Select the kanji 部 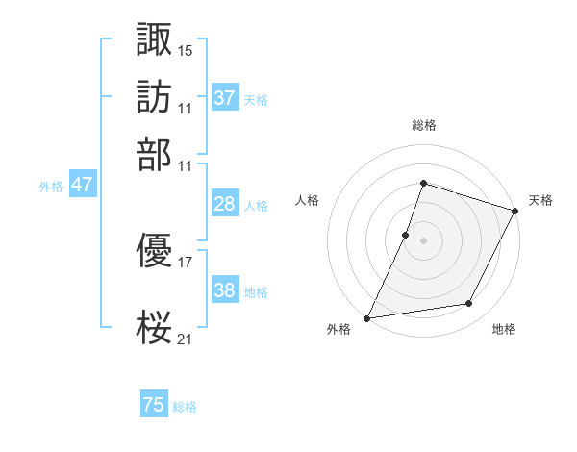(x=155, y=153)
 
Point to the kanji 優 (x=155, y=252)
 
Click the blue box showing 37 (x=224, y=98)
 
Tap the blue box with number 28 (x=224, y=204)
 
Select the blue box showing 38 (x=224, y=290)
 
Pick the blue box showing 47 (x=82, y=186)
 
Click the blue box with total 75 (x=154, y=405)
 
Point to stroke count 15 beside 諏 (x=186, y=49)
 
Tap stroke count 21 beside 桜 (x=186, y=338)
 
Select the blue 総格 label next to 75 (x=185, y=407)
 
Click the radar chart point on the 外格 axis (x=367, y=317)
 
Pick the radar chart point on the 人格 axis (x=406, y=234)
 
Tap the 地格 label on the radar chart (x=504, y=330)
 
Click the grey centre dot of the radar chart (x=423, y=239)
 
